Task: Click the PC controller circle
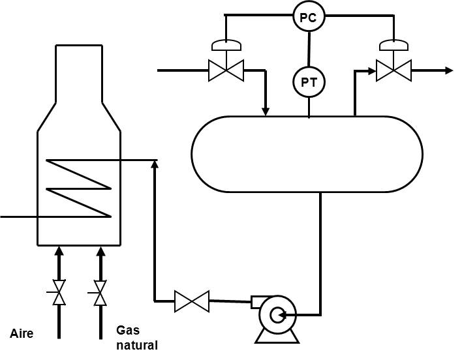[x=308, y=18]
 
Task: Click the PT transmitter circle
[x=308, y=82]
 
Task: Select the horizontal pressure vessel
[x=307, y=154]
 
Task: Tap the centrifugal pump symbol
[x=277, y=316]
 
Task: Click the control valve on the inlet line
[x=226, y=70]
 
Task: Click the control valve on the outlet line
[x=393, y=70]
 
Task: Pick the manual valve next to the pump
[x=192, y=301]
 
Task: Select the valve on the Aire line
[x=59, y=293]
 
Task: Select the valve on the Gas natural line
[x=100, y=293]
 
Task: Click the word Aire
[x=22, y=334]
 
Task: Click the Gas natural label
[x=137, y=337]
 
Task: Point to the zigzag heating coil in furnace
[x=78, y=188]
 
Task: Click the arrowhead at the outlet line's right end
[x=449, y=70]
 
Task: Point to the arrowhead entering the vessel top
[x=266, y=111]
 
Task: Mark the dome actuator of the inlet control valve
[x=226, y=45]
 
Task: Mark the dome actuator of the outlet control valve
[x=393, y=45]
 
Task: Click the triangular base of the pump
[x=277, y=335]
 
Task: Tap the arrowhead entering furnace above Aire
[x=59, y=250]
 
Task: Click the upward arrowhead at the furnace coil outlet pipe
[x=155, y=164]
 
